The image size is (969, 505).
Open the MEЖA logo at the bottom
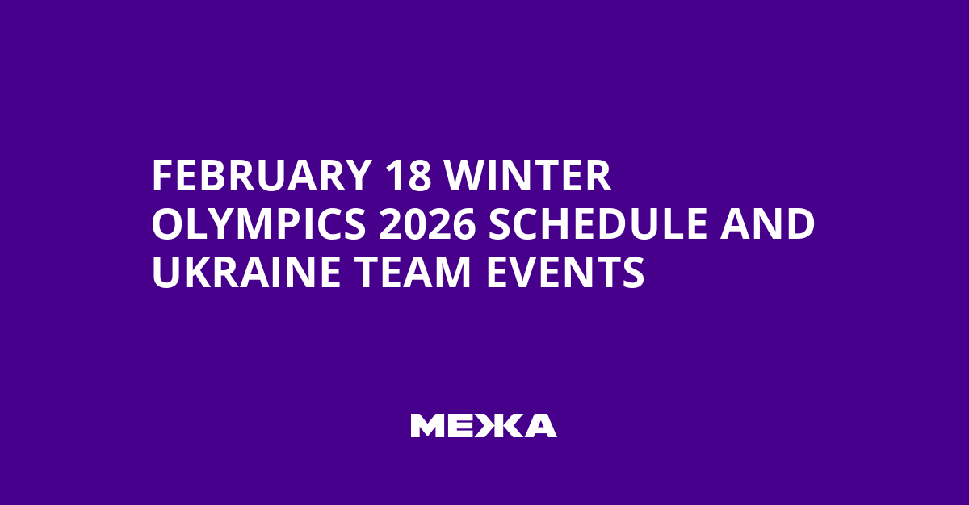[x=483, y=425]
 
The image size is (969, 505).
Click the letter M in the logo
[x=425, y=425]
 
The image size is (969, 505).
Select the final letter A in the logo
[x=540, y=425]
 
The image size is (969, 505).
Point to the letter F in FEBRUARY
[x=161, y=176]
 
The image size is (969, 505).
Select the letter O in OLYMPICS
[x=167, y=224]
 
